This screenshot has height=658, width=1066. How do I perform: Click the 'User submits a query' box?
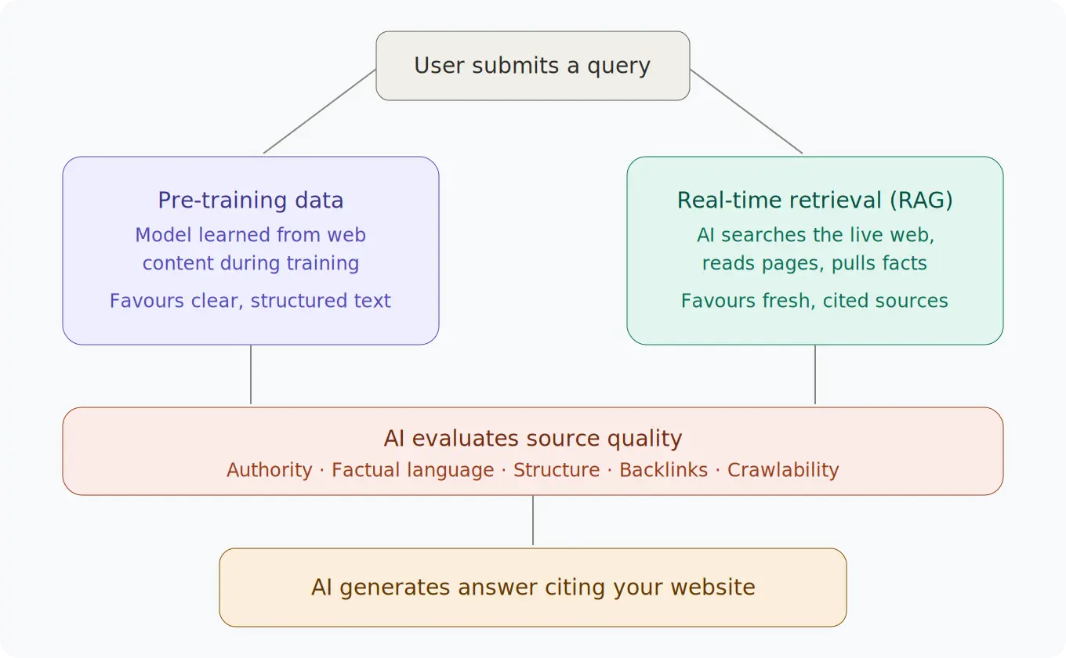tap(532, 66)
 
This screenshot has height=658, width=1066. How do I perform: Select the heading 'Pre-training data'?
tap(250, 201)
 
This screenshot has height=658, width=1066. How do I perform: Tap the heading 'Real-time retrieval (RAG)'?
tap(814, 201)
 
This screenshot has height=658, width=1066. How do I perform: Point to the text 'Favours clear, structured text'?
tap(250, 301)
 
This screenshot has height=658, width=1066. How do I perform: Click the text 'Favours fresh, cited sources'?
tap(814, 301)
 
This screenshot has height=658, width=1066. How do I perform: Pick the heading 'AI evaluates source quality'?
tap(532, 438)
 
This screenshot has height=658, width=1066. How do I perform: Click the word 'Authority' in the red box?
tap(269, 470)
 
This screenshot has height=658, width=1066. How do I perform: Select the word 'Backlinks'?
tap(663, 470)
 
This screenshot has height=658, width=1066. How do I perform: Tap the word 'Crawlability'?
tap(783, 470)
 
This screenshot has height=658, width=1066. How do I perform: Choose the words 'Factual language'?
tap(412, 470)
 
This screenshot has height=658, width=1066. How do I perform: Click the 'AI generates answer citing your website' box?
tap(532, 587)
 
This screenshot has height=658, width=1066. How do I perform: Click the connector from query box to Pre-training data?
tap(320, 111)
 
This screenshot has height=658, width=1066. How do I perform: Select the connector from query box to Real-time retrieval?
tap(746, 111)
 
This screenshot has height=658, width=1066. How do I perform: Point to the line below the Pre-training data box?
tap(251, 374)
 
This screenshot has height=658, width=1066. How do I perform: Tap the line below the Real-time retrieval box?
tap(815, 374)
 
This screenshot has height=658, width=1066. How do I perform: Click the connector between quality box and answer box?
tap(533, 520)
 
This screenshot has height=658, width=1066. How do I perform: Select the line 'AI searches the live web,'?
tap(815, 235)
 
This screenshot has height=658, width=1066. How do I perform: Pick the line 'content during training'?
tap(250, 263)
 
